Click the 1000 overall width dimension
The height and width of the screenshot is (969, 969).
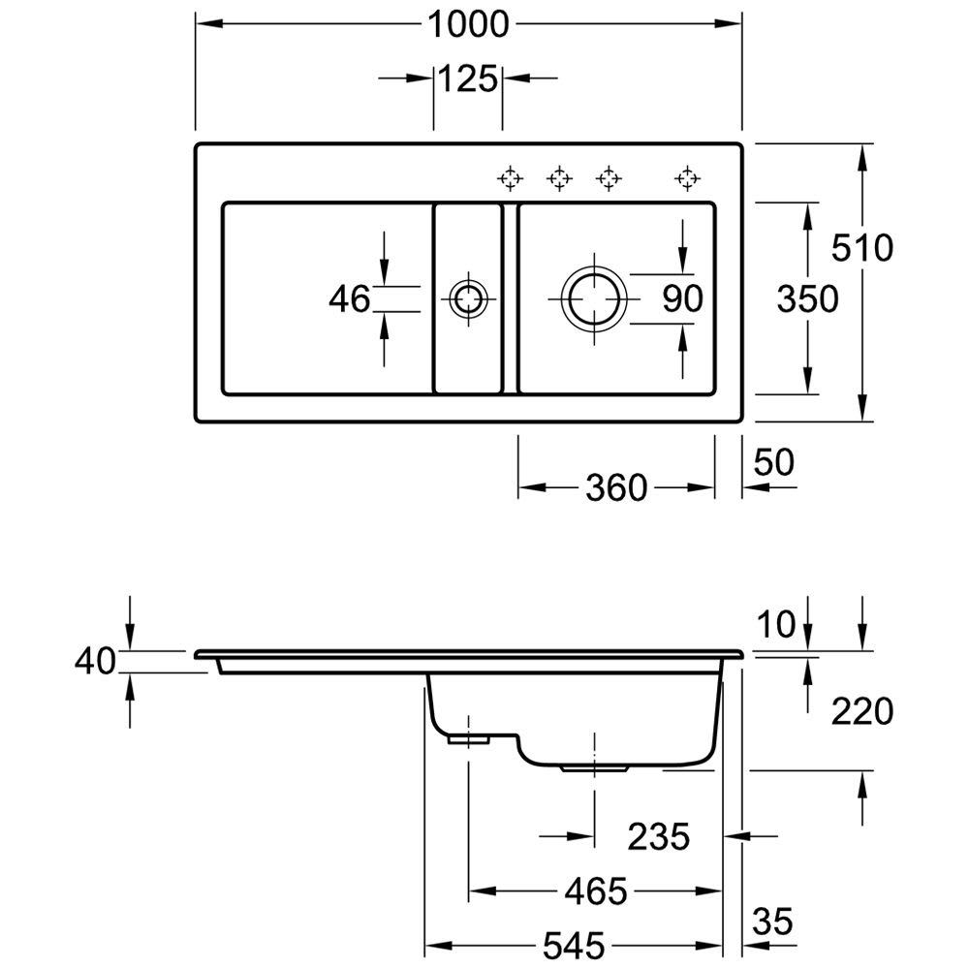tap(470, 25)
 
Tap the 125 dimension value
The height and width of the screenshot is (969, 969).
tap(469, 78)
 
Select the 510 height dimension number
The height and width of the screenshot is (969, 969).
tap(861, 249)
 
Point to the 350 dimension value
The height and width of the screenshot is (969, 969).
tap(807, 299)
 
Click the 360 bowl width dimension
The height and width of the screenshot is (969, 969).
tap(615, 487)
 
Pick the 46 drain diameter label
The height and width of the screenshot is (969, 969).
tap(349, 299)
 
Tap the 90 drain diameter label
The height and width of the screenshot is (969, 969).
tap(682, 299)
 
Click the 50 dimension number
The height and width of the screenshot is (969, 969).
tap(772, 462)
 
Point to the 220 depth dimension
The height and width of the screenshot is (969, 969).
tap(861, 712)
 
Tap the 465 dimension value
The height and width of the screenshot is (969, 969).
tap(596, 890)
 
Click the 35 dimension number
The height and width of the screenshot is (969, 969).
tap(772, 918)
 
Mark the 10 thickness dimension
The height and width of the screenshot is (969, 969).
tap(776, 625)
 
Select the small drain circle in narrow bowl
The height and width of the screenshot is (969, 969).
tap(468, 298)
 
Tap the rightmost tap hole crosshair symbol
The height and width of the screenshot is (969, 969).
tap(686, 177)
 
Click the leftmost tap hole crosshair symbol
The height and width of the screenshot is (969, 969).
tap(509, 177)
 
